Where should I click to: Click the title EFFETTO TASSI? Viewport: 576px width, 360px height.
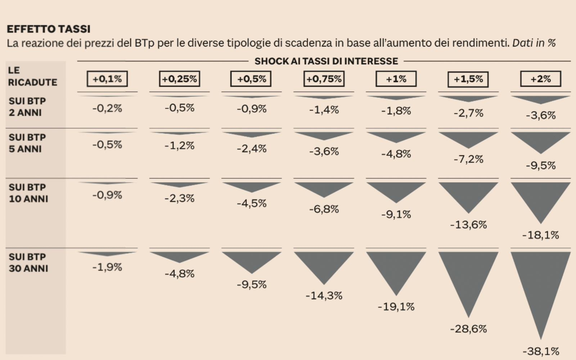pyautogui.click(x=49, y=29)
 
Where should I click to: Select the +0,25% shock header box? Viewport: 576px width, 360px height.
pyautogui.click(x=179, y=79)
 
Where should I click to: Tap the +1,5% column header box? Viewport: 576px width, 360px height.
pyautogui.click(x=468, y=79)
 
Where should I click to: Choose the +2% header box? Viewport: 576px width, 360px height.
pyautogui.click(x=540, y=79)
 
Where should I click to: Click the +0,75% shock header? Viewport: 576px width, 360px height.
pyautogui.click(x=324, y=79)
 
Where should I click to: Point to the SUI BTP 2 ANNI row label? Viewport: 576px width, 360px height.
pyautogui.click(x=27, y=107)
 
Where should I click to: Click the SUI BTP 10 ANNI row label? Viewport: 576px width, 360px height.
pyautogui.click(x=28, y=193)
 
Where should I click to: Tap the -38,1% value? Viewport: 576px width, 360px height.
pyautogui.click(x=540, y=351)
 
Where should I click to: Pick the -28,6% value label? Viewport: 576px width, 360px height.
pyautogui.click(x=468, y=329)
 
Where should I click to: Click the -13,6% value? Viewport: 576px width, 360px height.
pyautogui.click(x=468, y=225)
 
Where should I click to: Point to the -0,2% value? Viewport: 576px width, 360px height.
pyautogui.click(x=107, y=108)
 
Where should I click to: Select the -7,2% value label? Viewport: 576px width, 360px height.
pyautogui.click(x=468, y=159)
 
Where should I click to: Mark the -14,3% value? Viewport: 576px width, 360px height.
pyautogui.click(x=324, y=296)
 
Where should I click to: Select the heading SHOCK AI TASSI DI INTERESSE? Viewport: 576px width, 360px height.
pyautogui.click(x=326, y=61)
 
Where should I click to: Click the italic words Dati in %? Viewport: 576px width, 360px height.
pyautogui.click(x=534, y=43)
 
